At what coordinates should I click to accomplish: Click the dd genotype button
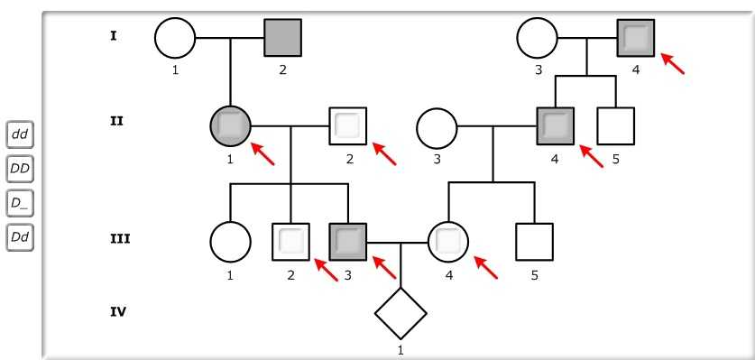[x=20, y=134]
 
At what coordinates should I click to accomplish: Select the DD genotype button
[x=20, y=169]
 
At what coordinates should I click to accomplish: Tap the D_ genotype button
[x=20, y=203]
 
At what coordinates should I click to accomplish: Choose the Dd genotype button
[x=20, y=237]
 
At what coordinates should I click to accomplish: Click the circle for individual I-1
[x=174, y=38]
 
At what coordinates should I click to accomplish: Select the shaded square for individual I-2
[x=282, y=38]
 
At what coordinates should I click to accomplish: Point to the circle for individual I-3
[x=537, y=38]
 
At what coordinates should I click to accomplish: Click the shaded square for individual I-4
[x=636, y=38]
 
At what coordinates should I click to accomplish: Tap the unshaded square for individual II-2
[x=347, y=126]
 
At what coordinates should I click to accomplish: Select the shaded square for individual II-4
[x=555, y=126]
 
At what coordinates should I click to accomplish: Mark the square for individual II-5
[x=616, y=126]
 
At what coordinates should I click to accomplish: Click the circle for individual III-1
[x=230, y=242]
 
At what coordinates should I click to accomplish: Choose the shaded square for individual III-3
[x=347, y=242]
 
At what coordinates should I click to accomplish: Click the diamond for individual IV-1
[x=401, y=314]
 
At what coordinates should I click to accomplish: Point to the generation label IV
[x=116, y=311]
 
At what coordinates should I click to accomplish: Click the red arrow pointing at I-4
[x=672, y=63]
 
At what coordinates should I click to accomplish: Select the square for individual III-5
[x=534, y=242]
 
